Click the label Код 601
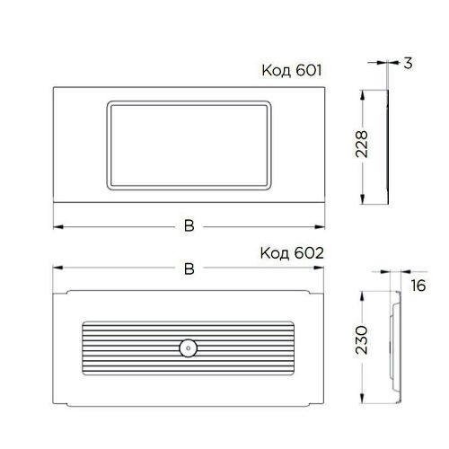click(x=292, y=71)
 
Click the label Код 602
click(x=292, y=253)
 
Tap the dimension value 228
click(x=362, y=145)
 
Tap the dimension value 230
click(x=362, y=340)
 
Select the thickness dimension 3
click(x=408, y=64)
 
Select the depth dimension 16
click(x=418, y=286)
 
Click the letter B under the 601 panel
click(x=189, y=226)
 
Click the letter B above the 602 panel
click(x=189, y=269)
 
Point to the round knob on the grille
click(x=188, y=348)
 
